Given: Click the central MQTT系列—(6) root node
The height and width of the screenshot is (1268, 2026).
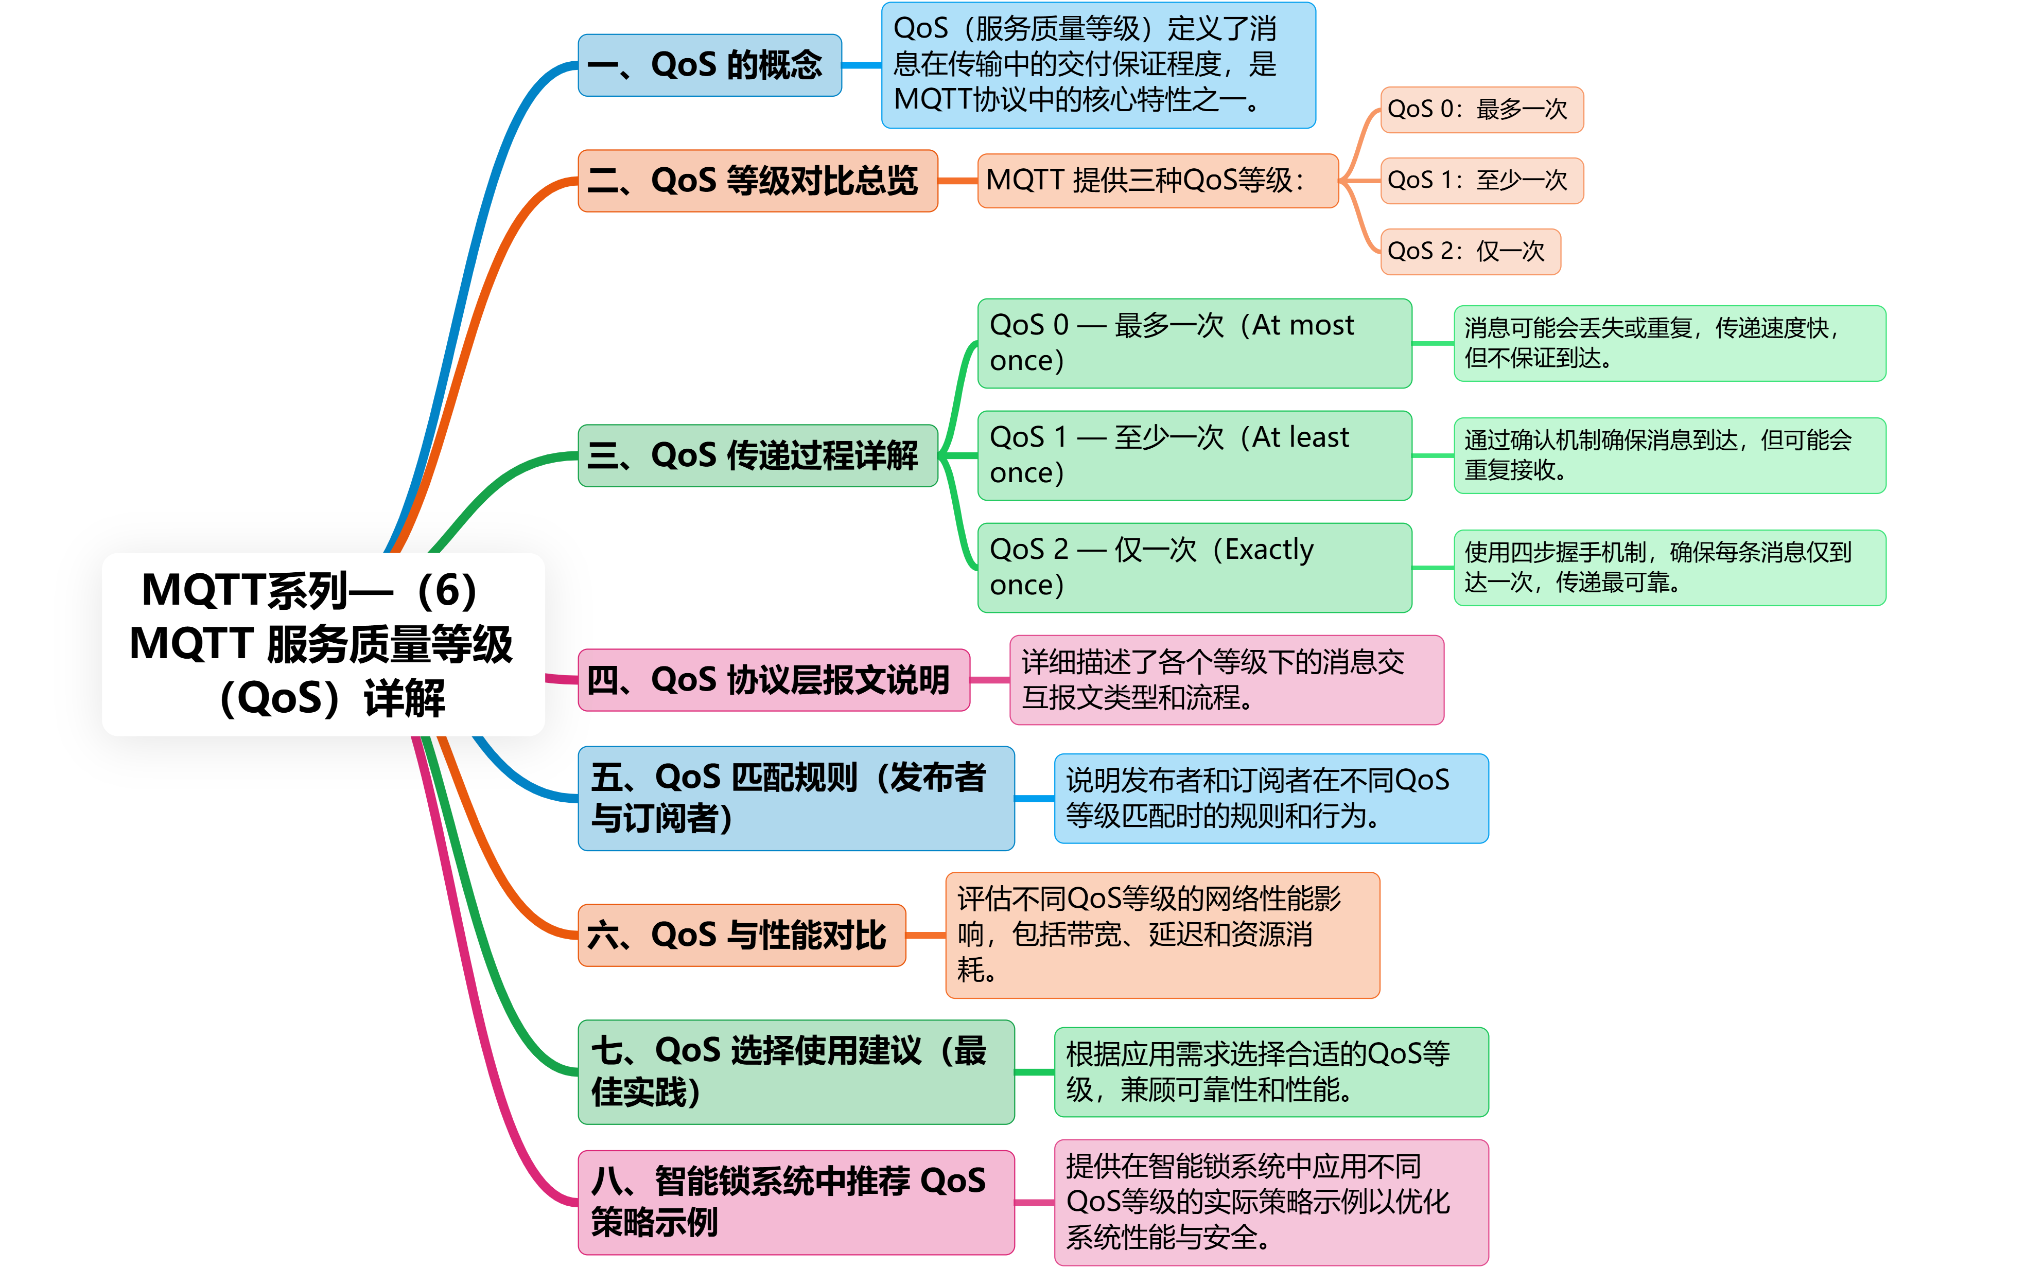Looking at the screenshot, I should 323,644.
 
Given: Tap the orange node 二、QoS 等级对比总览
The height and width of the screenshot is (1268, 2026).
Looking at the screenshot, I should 757,180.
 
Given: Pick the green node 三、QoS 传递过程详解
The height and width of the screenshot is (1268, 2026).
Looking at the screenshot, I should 757,455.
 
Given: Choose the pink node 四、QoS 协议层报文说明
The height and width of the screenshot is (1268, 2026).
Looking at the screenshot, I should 773,679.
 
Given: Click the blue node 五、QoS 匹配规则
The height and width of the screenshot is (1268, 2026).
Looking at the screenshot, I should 796,798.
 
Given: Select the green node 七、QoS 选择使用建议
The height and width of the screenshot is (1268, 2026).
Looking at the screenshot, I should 796,1072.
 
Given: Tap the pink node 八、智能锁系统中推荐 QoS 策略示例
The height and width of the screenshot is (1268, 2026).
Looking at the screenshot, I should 796,1202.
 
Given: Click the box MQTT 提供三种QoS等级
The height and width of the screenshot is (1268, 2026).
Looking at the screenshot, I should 1157,180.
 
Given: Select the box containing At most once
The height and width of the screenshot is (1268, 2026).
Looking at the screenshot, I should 1194,343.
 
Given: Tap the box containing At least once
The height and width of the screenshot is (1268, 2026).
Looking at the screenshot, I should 1194,455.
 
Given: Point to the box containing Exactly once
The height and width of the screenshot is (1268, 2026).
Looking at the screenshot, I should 1194,568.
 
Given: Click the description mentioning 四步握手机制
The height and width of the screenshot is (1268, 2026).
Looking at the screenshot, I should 1669,568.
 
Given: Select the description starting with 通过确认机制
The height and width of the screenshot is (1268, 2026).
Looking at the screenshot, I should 1669,455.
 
